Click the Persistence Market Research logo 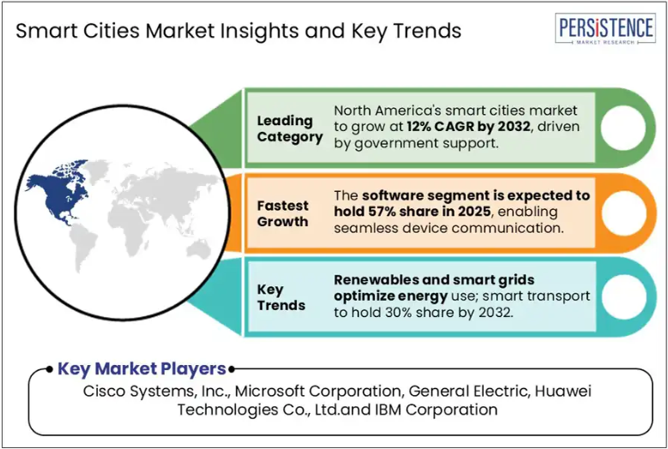(x=605, y=28)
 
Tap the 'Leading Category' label (x=290, y=129)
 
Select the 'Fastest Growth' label (x=282, y=213)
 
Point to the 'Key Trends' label (x=281, y=297)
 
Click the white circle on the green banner (x=623, y=128)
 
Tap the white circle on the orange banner (x=623, y=213)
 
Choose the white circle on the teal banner (x=623, y=297)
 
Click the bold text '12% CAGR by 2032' (x=468, y=127)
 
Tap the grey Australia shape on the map (x=198, y=248)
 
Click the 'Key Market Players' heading (x=141, y=368)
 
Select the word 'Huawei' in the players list (x=563, y=391)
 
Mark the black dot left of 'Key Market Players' (x=50, y=368)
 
